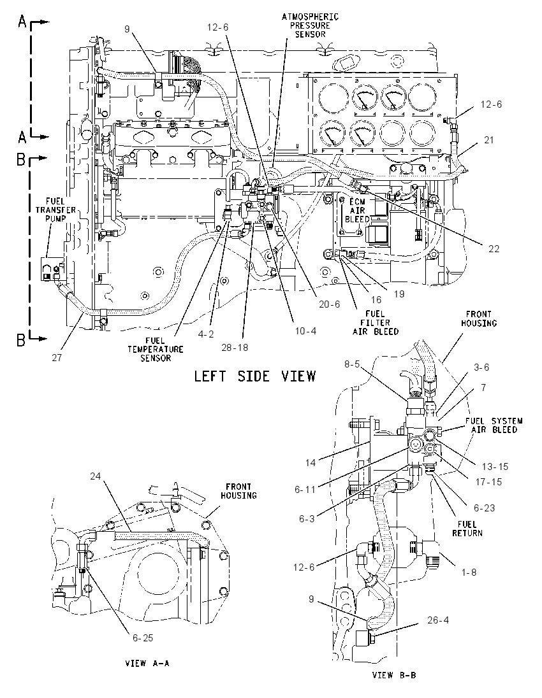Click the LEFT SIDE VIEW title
(x=255, y=376)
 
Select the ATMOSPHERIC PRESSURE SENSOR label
(x=310, y=25)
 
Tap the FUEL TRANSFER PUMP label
(x=55, y=210)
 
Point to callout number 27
(x=57, y=357)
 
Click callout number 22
(x=494, y=249)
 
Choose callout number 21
(x=489, y=139)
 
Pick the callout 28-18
(x=235, y=347)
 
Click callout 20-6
(x=330, y=304)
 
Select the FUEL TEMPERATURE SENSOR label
(x=155, y=349)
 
